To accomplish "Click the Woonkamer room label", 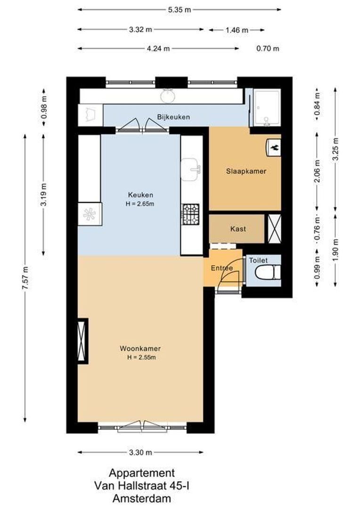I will tap(140, 349).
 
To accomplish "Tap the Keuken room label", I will tap(140, 195).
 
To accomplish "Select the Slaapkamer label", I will tap(245, 172).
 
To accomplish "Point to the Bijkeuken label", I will tap(173, 117).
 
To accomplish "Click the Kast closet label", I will tap(238, 229).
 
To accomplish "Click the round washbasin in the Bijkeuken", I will tap(168, 96).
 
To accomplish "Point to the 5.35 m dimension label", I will tap(180, 9).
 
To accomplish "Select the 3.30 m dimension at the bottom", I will tap(140, 452).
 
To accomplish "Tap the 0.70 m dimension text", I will tap(267, 48).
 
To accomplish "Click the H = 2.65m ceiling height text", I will tap(140, 204).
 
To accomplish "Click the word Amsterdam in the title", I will tap(142, 498).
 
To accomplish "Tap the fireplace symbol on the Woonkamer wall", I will tap(82, 341).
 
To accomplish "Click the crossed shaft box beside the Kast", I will tap(274, 229).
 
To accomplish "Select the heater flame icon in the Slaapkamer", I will tap(273, 147).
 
